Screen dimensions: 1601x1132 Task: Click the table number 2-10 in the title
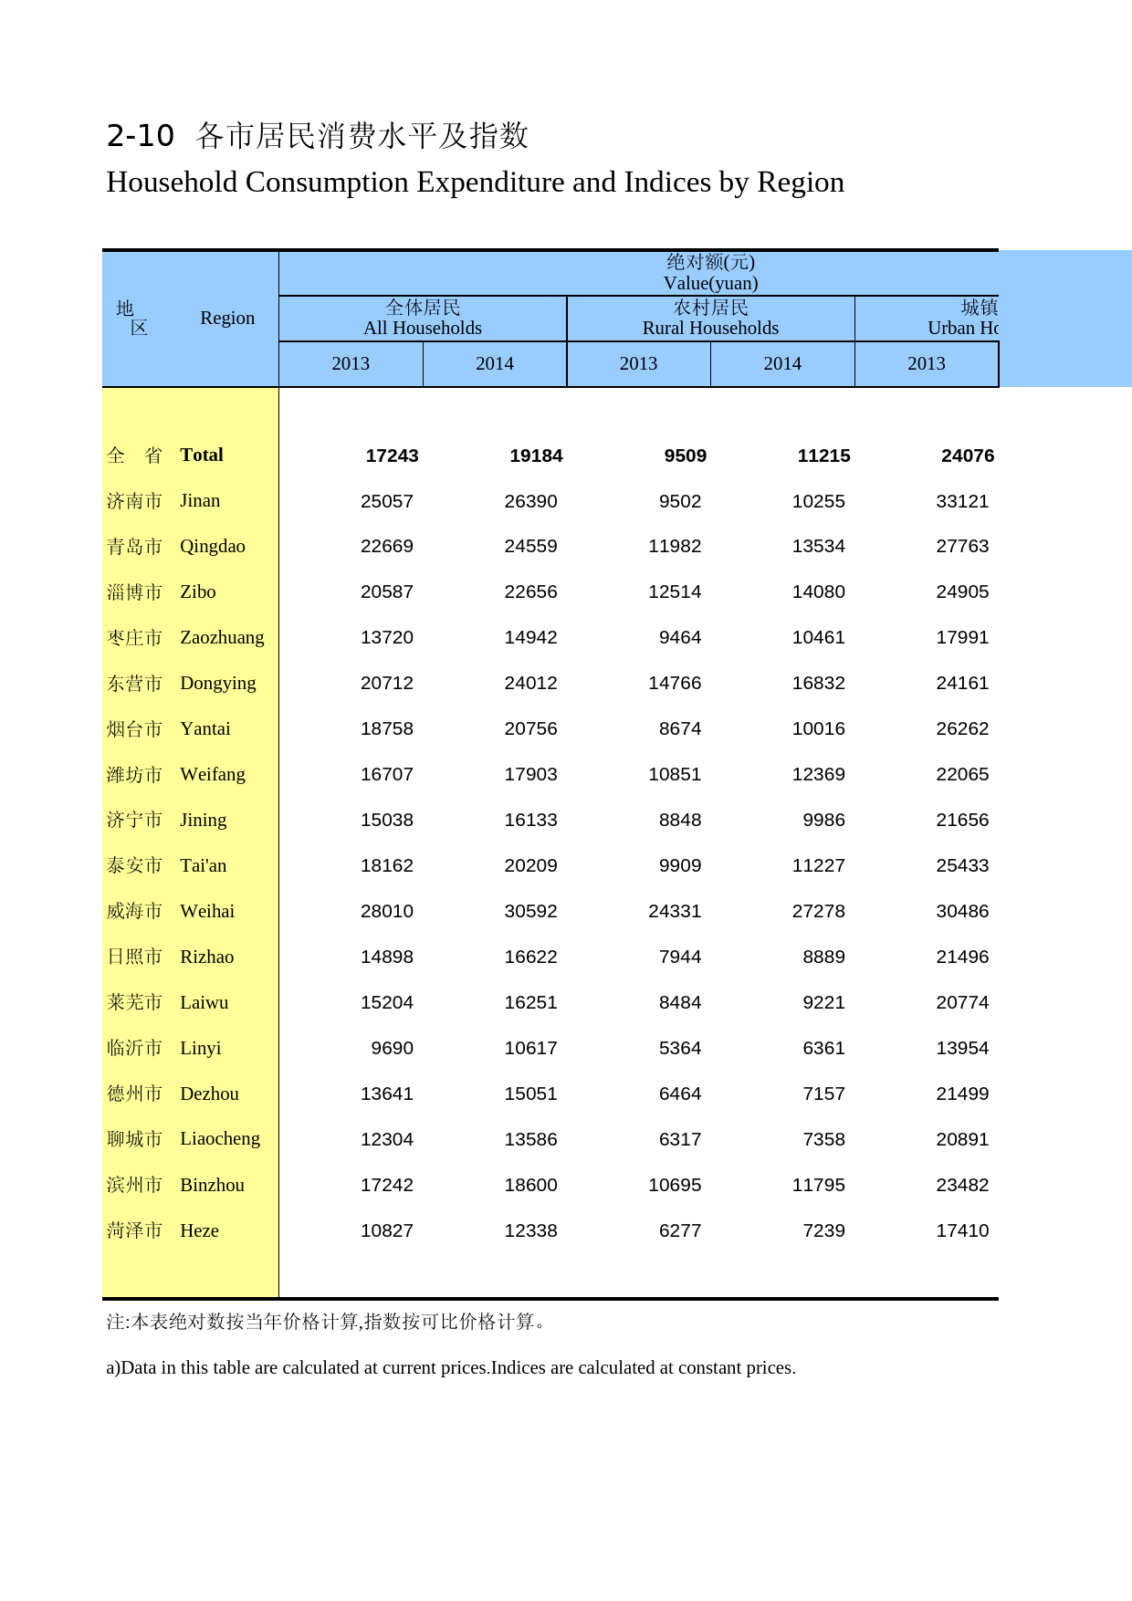140,136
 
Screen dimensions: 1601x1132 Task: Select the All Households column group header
422,319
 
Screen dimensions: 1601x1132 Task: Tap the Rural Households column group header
710,319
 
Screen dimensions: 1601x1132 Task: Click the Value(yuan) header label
710,283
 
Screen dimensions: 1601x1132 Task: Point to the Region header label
227,318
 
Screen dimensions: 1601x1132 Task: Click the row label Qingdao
212,546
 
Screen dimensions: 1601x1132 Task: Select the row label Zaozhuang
222,637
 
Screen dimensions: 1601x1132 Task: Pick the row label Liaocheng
220,1138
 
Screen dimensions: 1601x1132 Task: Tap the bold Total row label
202,455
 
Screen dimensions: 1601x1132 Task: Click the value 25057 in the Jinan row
386,501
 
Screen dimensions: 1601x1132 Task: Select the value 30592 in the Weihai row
530,911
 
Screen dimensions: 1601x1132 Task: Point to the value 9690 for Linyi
392,1048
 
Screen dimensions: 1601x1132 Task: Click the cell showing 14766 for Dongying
675,683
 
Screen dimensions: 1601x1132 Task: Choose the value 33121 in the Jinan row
962,501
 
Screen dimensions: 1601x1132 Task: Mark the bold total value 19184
536,455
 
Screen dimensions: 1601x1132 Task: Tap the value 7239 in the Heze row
823,1230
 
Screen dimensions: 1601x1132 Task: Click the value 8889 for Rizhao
823,957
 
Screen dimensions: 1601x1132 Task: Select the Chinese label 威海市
134,911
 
